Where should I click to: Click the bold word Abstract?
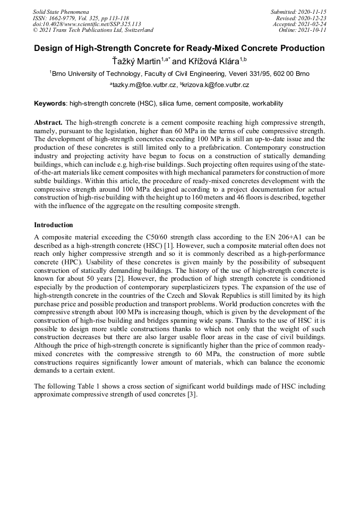(x=49, y=122)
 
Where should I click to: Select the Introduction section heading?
(x=53, y=225)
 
